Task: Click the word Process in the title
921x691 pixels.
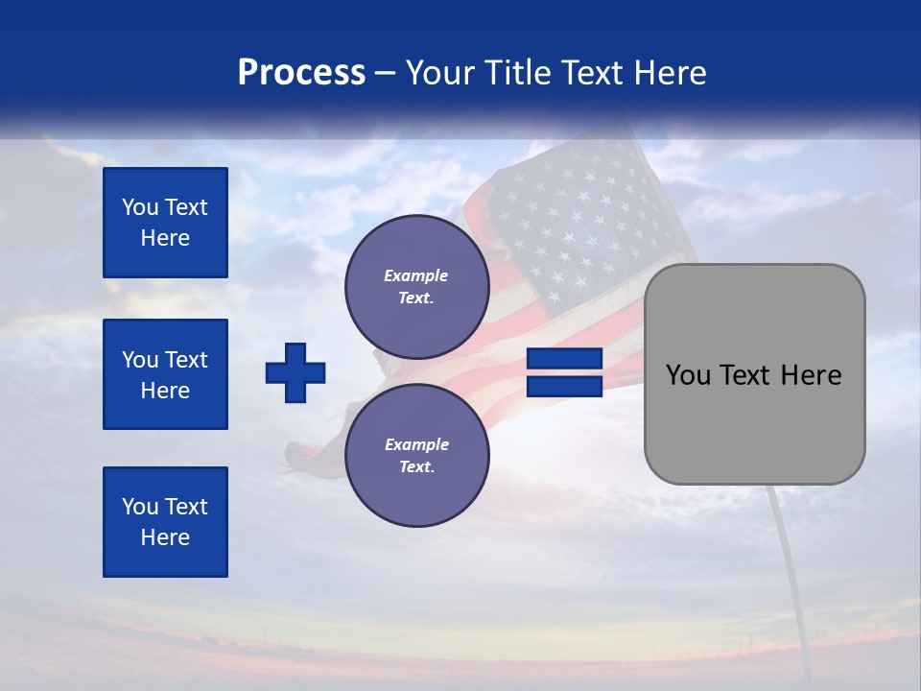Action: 301,73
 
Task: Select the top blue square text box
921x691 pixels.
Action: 165,223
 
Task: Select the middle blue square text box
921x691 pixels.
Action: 165,374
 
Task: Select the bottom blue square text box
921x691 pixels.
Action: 165,522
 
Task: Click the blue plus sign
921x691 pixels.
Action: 295,372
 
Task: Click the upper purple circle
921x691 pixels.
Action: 417,287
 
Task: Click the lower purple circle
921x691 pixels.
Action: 417,456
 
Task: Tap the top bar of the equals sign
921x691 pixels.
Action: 564,359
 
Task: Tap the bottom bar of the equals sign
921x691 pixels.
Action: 564,386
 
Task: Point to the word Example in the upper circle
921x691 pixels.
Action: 415,275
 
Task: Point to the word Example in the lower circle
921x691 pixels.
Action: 415,444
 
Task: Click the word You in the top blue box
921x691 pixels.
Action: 139,207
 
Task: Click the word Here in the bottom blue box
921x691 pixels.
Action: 165,537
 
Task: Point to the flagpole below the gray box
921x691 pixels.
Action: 789,576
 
